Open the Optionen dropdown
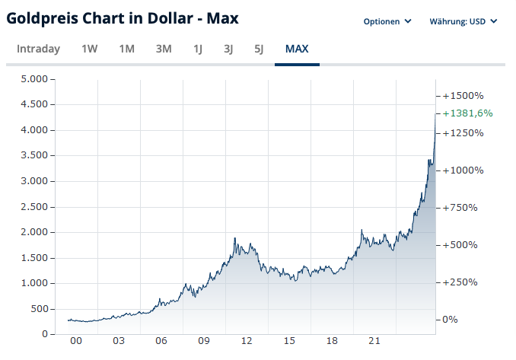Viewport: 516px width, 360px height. [387, 21]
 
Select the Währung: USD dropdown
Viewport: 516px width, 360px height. [463, 21]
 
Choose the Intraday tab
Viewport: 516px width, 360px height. [38, 49]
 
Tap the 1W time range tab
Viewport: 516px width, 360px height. [89, 49]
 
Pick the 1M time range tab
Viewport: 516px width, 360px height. [126, 49]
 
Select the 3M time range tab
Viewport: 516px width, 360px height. [164, 49]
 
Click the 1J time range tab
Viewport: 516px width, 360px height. [198, 49]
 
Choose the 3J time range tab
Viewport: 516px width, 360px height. [228, 49]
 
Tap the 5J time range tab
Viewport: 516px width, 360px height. [259, 49]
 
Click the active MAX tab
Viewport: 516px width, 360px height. [297, 49]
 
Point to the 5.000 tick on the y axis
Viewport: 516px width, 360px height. [34, 79]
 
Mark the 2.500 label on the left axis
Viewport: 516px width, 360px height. [34, 207]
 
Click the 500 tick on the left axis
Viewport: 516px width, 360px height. [39, 309]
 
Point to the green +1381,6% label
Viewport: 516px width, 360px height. [467, 113]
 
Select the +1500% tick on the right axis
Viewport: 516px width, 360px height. [463, 96]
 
